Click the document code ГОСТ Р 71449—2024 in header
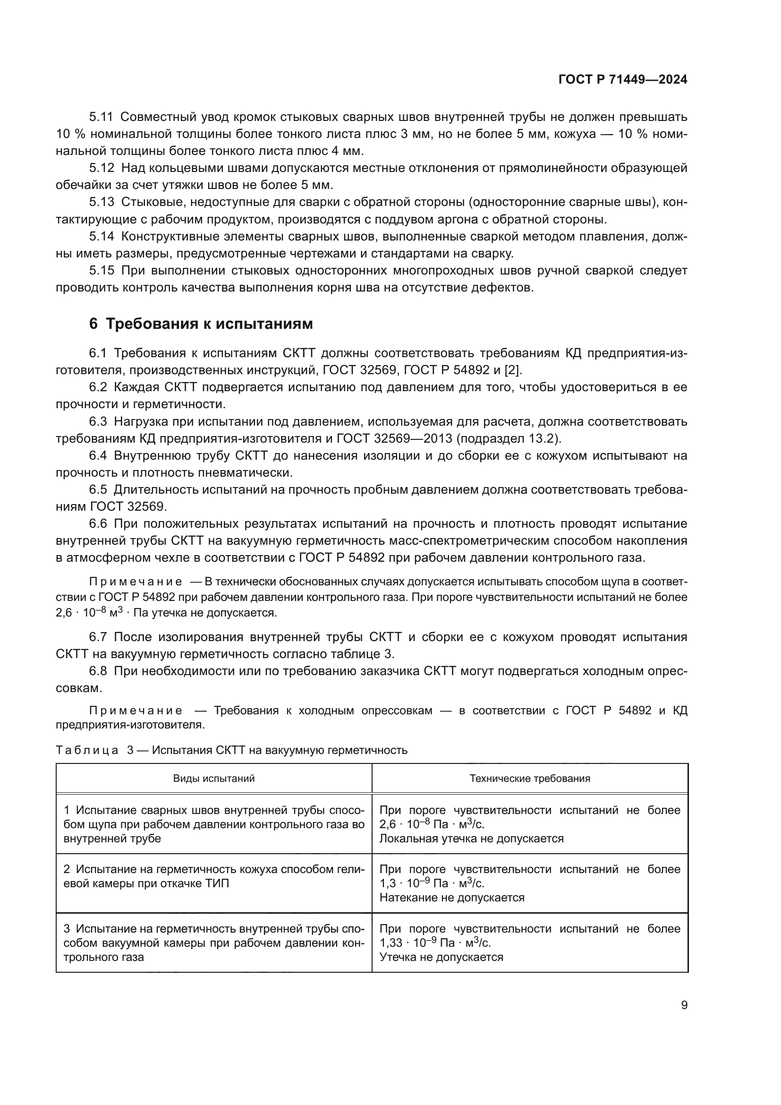pyautogui.click(x=623, y=80)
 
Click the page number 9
pyautogui.click(x=684, y=1005)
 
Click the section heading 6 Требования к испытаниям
pyautogui.click(x=201, y=324)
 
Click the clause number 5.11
pyautogui.click(x=102, y=117)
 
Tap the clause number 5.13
pyautogui.click(x=102, y=202)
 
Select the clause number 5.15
pyautogui.click(x=102, y=271)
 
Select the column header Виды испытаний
pyautogui.click(x=213, y=778)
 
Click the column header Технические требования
pyautogui.click(x=529, y=778)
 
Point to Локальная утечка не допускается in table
pyautogui.click(x=471, y=839)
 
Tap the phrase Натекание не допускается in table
pyautogui.click(x=451, y=898)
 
